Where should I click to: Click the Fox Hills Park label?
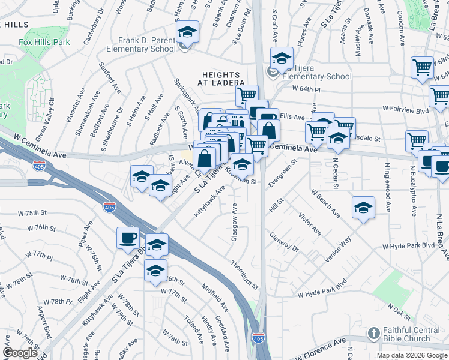[44, 42]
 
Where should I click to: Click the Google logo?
[20, 353]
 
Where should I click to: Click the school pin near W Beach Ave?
[363, 208]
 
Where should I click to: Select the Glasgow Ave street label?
[235, 223]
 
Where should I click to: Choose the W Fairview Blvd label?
[406, 110]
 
